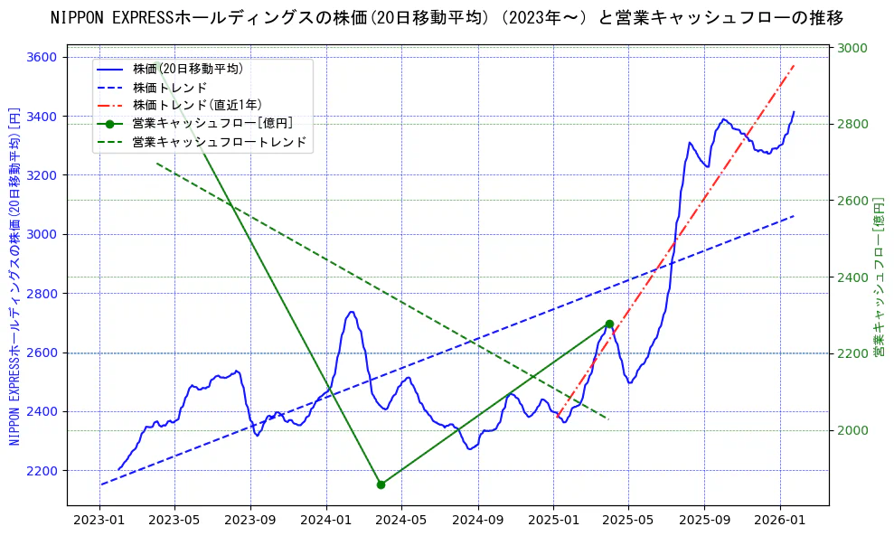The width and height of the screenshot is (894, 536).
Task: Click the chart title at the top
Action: [447, 18]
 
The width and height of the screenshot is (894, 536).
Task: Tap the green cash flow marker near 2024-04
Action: [381, 484]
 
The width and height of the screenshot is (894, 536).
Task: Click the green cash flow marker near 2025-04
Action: [609, 324]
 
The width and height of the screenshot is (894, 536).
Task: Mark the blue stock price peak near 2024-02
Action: [351, 312]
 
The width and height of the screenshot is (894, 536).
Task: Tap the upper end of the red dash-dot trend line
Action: [794, 64]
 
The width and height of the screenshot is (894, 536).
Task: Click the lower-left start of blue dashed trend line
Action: [101, 484]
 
